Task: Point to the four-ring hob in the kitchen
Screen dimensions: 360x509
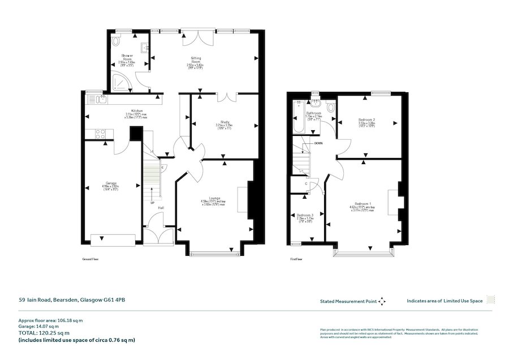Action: click(x=100, y=134)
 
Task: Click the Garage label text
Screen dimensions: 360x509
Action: click(x=110, y=183)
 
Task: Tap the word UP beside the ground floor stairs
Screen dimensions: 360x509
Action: click(x=152, y=202)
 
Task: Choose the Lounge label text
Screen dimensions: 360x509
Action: click(x=214, y=198)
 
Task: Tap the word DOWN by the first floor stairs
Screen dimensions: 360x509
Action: click(x=318, y=143)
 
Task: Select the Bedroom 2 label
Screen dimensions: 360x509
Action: click(x=367, y=120)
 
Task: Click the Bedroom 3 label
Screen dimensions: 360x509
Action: click(x=305, y=215)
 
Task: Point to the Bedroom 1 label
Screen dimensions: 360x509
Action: click(x=363, y=203)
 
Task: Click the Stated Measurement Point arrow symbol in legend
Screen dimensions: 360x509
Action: click(x=382, y=301)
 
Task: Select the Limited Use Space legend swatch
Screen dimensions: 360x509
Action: click(x=491, y=301)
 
